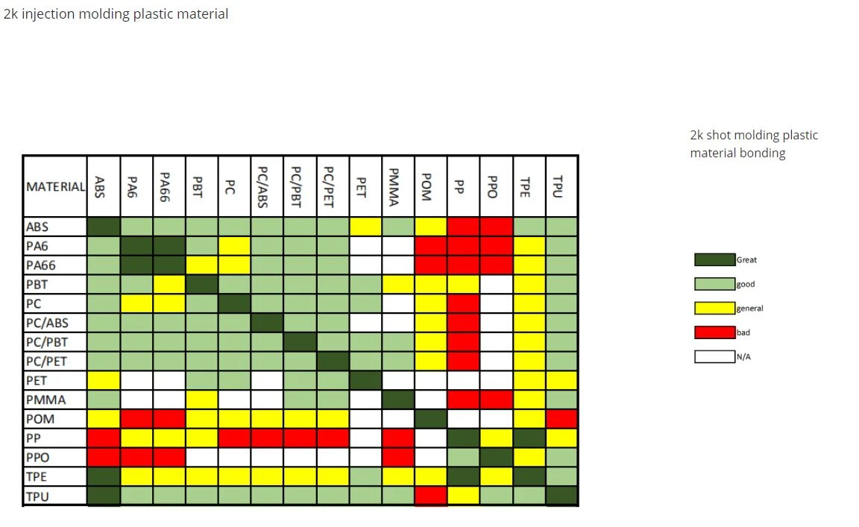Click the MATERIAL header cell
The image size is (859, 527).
54,186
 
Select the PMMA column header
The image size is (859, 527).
398,186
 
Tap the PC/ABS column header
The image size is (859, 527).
268,186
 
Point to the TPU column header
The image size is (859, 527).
561,186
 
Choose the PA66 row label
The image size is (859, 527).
54,265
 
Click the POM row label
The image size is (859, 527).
54,419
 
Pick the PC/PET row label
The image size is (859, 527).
54,362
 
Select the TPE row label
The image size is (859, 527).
54,476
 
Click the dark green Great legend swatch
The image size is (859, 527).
714,259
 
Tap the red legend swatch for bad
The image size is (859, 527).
714,332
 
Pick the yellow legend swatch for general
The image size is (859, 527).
714,308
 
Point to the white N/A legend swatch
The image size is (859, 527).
714,356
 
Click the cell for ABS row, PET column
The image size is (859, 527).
365,227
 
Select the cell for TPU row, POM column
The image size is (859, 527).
430,496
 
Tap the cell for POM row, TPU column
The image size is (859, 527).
561,419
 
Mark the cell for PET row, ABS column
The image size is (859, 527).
104,381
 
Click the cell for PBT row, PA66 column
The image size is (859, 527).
169,284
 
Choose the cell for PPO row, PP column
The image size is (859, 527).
464,458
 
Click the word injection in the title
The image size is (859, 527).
48,14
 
